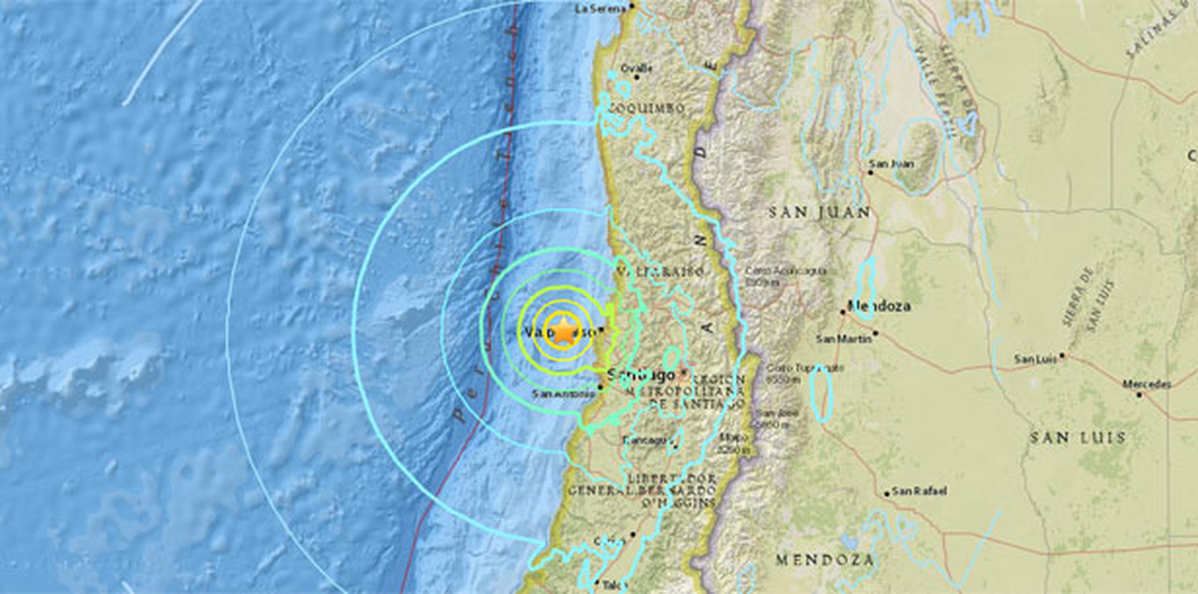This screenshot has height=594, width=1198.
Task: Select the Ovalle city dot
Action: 636,77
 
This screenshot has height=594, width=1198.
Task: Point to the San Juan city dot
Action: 870,173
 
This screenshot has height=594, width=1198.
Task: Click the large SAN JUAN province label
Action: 819,213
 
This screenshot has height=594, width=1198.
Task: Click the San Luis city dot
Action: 1062,355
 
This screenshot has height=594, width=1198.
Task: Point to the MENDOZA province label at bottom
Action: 824,560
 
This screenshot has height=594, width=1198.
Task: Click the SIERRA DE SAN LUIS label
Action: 1088,299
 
